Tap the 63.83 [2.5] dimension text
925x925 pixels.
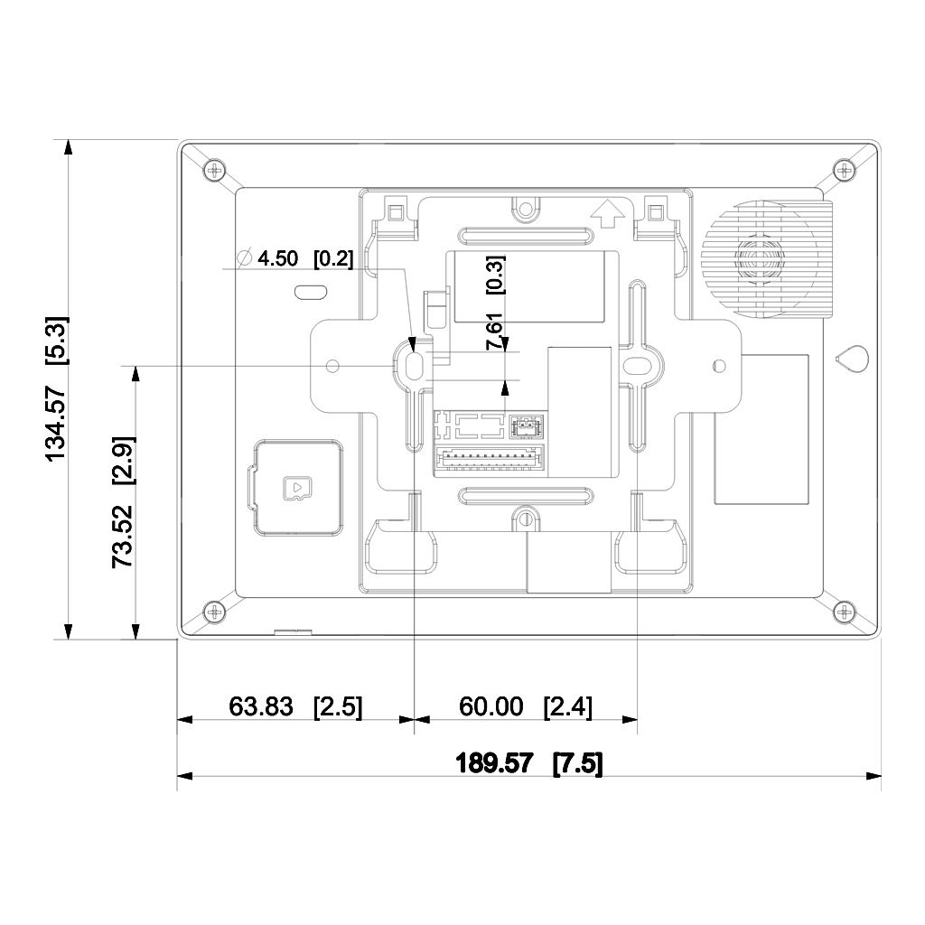tap(295, 706)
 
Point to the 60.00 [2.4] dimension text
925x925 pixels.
tap(526, 706)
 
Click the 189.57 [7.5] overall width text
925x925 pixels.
tap(529, 763)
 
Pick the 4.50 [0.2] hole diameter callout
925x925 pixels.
tap(296, 259)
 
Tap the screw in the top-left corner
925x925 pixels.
tap(213, 169)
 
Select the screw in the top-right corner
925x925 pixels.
tap(843, 169)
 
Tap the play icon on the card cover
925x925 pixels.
tap(295, 488)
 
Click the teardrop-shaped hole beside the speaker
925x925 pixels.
tap(852, 358)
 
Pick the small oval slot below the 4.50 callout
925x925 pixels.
tap(310, 292)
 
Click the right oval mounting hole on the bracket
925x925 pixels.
tap(638, 365)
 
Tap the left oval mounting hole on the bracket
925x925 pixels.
tap(416, 365)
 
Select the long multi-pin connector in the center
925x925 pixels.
tap(490, 460)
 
